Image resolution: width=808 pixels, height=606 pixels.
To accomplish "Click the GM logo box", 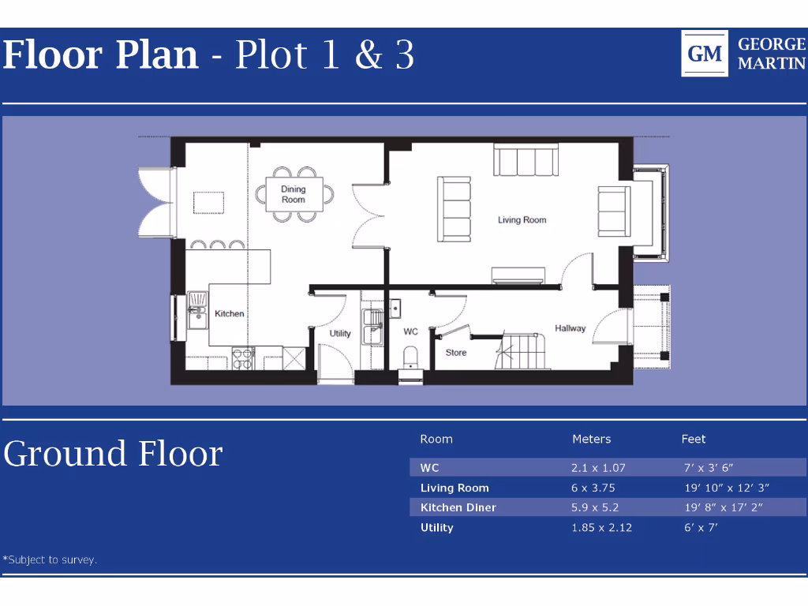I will tap(704, 54).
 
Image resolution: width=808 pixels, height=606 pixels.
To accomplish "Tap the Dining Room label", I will tap(293, 194).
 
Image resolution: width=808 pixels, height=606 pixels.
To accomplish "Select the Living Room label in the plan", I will tap(522, 220).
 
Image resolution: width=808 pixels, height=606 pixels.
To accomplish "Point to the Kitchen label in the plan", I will tap(230, 314).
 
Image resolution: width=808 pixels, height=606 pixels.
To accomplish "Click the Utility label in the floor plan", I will tap(340, 334).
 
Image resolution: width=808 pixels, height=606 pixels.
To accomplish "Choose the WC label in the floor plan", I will tap(410, 332).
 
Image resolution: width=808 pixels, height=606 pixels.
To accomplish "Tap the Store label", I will tap(456, 353).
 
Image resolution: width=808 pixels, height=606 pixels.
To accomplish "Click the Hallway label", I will tap(570, 328).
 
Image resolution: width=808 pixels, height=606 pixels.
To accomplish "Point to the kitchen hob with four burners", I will tap(242, 358).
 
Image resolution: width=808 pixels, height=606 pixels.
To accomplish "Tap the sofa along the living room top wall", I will tap(526, 160).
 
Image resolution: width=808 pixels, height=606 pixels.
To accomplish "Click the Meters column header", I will tap(591, 440).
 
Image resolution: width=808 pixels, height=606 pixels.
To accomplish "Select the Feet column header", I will tap(694, 440).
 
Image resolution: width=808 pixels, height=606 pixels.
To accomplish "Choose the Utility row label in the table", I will tap(436, 528).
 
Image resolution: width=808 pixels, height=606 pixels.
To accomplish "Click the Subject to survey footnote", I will tap(50, 560).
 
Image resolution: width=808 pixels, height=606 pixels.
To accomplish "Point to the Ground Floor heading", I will tap(113, 454).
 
